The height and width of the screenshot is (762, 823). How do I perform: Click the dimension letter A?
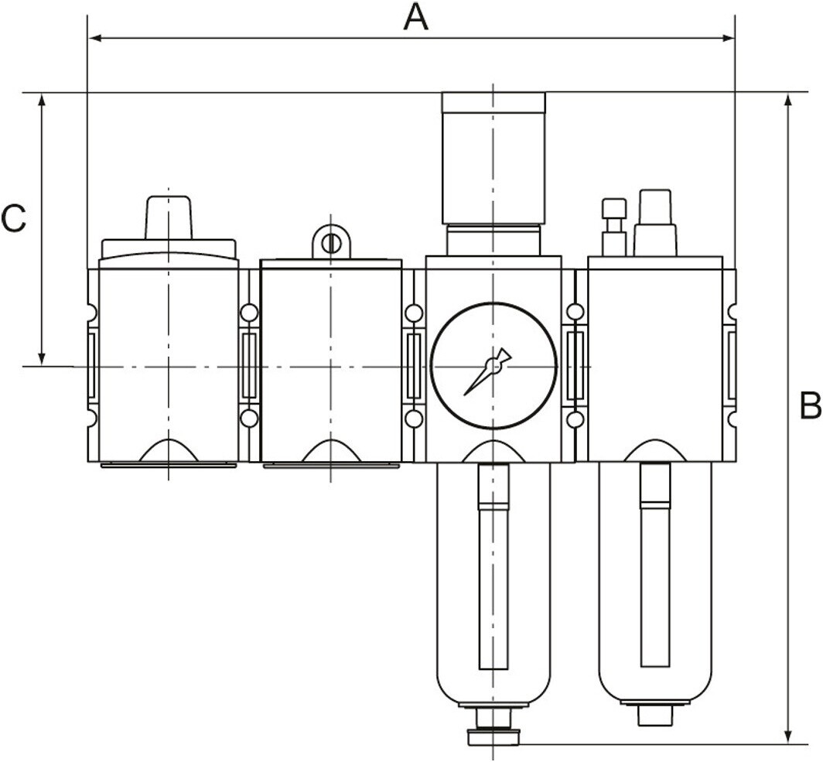[x=415, y=17]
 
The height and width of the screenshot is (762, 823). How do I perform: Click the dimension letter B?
[x=811, y=405]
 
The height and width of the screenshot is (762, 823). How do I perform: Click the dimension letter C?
[x=14, y=219]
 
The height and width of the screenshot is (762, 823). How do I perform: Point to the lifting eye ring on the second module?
[x=331, y=242]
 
